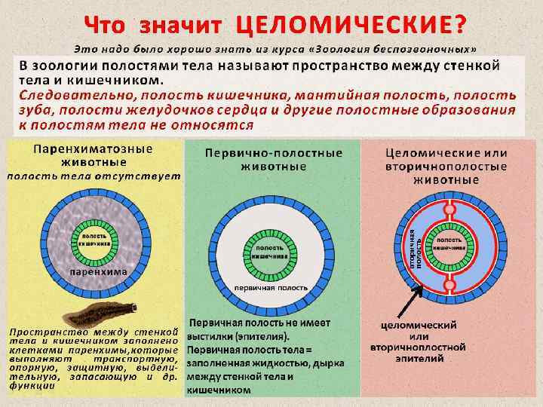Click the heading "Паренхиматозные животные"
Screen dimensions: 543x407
point(93,157)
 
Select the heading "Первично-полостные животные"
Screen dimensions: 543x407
point(273,159)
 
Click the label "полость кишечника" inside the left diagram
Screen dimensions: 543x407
point(94,240)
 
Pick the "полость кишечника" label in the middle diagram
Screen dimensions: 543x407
point(269,252)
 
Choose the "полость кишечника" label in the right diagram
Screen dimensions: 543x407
point(451,242)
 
